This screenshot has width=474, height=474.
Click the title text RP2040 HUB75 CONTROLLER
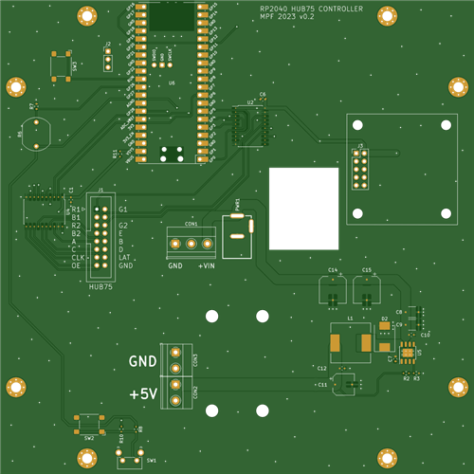(x=310, y=9)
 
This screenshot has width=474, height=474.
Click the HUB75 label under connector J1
(x=100, y=286)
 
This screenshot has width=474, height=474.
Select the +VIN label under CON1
(x=207, y=266)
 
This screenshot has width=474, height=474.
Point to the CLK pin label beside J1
(x=78, y=257)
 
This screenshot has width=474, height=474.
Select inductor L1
(x=351, y=342)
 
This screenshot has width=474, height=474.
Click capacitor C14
(x=333, y=288)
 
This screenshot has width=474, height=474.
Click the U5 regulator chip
(x=407, y=355)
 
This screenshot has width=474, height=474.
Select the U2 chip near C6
(x=252, y=123)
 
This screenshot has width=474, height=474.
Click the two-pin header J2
(x=108, y=52)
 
